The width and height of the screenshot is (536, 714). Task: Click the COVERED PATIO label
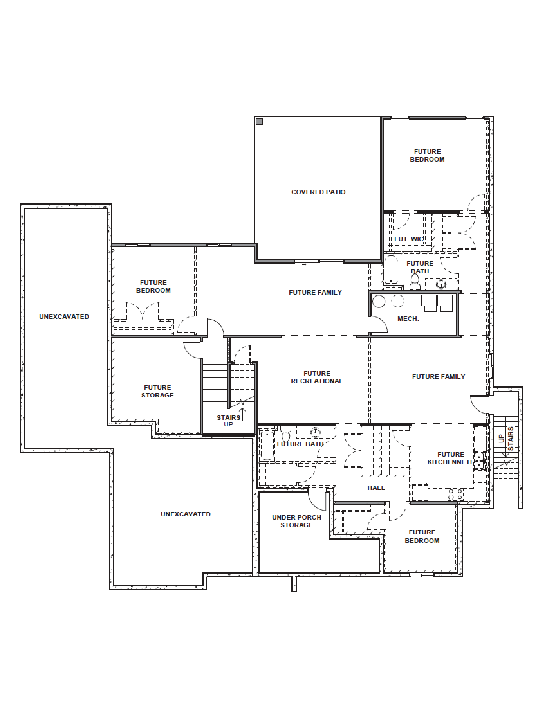[x=318, y=192]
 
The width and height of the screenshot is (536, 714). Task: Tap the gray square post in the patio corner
[x=259, y=122]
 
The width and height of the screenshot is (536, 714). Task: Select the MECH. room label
[x=408, y=319]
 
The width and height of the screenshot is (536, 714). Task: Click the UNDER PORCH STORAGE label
[x=297, y=521]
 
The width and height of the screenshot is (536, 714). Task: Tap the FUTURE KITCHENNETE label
[x=450, y=458]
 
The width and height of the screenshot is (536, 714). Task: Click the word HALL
[x=376, y=488]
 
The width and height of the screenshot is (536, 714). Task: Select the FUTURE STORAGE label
[x=157, y=391]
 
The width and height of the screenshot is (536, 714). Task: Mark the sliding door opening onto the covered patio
[x=319, y=261]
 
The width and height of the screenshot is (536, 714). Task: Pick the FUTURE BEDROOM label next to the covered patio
[x=427, y=155]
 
